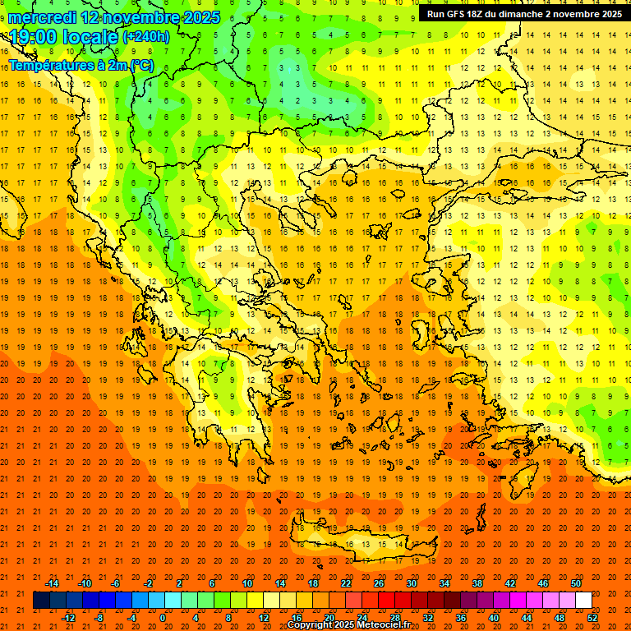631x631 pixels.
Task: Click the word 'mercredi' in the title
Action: (x=44, y=17)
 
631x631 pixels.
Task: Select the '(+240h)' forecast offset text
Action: (x=145, y=37)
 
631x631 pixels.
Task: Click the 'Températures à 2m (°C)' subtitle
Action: (x=81, y=65)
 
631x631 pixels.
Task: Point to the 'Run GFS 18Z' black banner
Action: (x=524, y=14)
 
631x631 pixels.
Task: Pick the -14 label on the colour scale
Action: (x=52, y=583)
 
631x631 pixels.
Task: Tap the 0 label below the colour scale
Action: (x=163, y=617)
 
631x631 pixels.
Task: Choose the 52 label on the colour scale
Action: (x=592, y=617)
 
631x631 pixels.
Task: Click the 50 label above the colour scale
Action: (x=575, y=583)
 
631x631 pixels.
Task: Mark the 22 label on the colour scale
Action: (x=346, y=583)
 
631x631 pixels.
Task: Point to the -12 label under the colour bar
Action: (x=68, y=617)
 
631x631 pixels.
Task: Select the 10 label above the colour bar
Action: (x=246, y=583)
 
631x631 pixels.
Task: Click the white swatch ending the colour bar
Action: (x=583, y=600)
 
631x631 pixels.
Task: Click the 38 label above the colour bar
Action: (x=477, y=583)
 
